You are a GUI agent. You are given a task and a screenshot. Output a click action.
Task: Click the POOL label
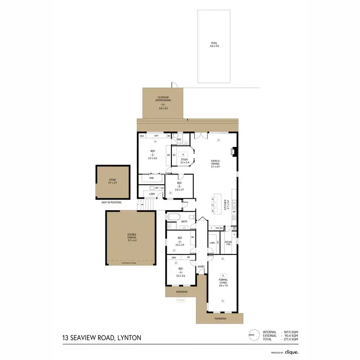[x=214, y=44]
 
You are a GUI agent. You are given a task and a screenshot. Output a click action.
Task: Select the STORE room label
[x=112, y=181]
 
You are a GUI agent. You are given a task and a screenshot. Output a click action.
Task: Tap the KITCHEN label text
[x=226, y=205]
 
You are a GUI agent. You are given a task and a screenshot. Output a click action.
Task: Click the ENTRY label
[x=201, y=267]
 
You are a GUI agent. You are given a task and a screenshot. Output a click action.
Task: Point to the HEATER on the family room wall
[x=233, y=151]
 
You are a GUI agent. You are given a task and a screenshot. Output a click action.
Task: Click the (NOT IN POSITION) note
[x=111, y=203]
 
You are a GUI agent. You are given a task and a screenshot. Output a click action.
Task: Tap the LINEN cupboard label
[x=212, y=243]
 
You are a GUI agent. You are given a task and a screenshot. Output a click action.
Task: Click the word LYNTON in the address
[x=129, y=338]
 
